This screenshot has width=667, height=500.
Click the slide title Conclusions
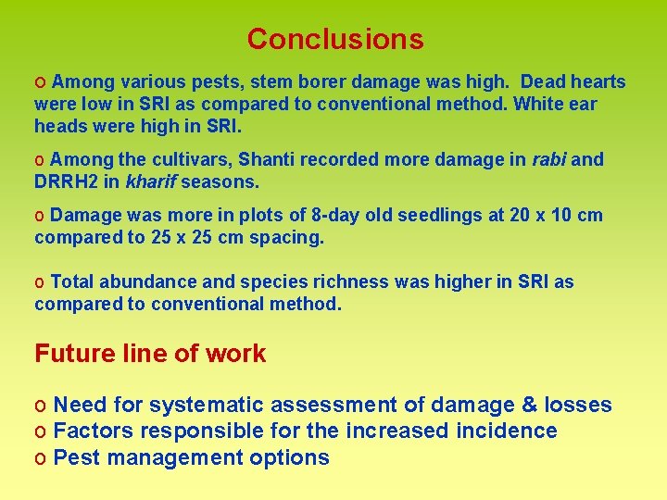(x=335, y=39)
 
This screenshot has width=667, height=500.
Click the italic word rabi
(x=548, y=159)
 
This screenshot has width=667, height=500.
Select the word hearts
(x=595, y=82)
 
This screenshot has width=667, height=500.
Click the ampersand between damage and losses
(x=529, y=406)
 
